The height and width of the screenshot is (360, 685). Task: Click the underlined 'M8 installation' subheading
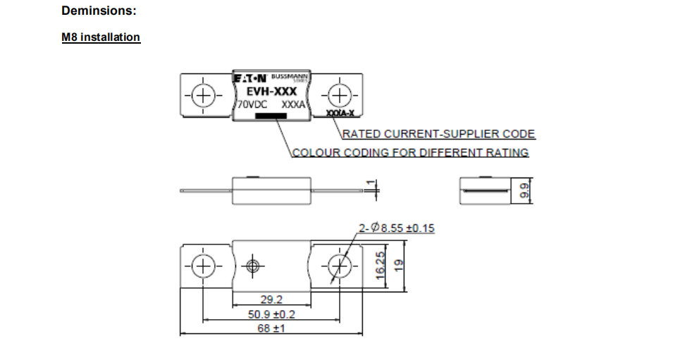101,37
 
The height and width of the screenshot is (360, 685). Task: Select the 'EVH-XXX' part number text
271,91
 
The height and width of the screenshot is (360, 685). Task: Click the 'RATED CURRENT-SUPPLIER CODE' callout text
438,134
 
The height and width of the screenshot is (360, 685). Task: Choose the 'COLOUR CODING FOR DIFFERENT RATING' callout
410,152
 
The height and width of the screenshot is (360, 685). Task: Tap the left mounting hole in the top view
202,96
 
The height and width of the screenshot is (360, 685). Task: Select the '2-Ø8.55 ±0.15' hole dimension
396,228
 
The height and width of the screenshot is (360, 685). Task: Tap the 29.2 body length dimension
271,300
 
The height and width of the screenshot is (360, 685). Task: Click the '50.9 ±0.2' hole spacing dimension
271,314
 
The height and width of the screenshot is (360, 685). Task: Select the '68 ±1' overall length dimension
271,328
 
